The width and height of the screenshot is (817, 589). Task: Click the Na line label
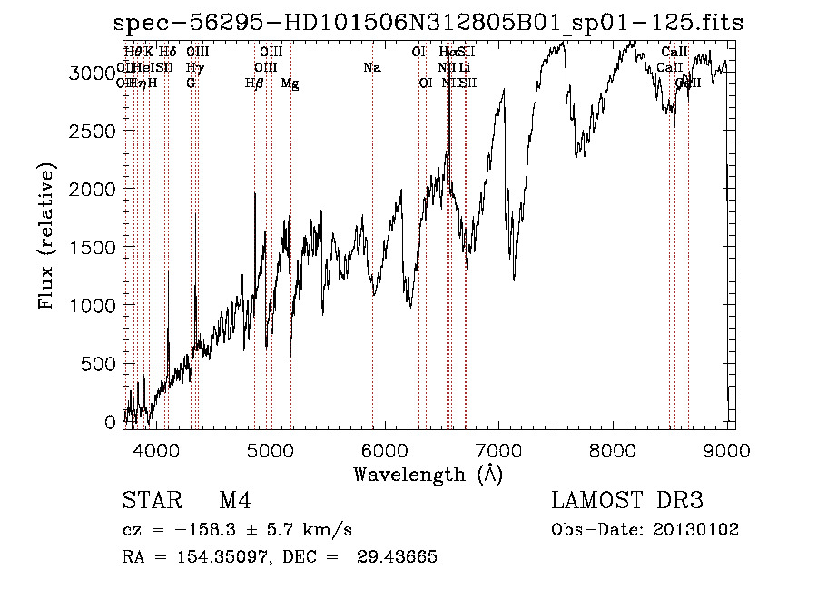pos(371,67)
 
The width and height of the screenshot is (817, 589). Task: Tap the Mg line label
pos(290,83)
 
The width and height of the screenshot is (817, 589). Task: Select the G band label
pos(191,83)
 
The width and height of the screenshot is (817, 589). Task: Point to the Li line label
pos(464,67)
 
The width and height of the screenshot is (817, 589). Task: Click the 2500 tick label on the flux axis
pos(94,132)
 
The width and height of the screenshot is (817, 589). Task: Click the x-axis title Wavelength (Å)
pos(428,474)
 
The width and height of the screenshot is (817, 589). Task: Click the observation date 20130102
pos(695,530)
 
